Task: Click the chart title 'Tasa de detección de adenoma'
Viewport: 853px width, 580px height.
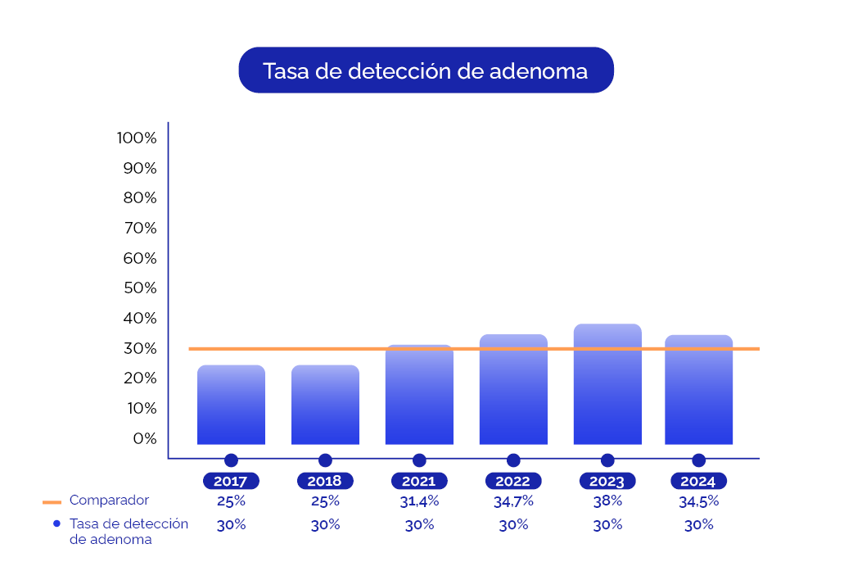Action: click(426, 70)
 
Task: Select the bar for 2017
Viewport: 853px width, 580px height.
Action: click(231, 405)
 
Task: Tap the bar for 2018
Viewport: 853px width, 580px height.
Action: click(325, 405)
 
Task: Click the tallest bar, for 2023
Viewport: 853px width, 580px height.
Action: click(607, 384)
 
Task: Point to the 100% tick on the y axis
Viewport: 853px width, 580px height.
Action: click(137, 138)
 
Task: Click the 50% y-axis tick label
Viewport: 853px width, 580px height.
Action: click(140, 288)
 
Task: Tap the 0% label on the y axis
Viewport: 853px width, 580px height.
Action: click(144, 438)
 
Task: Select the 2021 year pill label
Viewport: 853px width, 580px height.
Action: click(419, 481)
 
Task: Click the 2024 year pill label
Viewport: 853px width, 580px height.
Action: click(698, 481)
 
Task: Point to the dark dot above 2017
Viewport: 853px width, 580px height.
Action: click(231, 460)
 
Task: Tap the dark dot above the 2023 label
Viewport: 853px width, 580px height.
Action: click(607, 460)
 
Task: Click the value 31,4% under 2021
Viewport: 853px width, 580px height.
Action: click(419, 501)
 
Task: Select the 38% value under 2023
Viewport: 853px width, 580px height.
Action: click(607, 501)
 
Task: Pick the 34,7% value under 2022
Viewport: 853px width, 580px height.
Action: click(513, 501)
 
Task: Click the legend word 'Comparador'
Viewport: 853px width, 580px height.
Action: click(109, 500)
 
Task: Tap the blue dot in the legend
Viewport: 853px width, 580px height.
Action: click(56, 523)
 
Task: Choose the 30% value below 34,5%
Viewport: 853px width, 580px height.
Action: click(698, 525)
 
